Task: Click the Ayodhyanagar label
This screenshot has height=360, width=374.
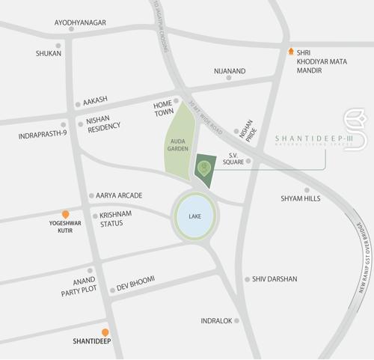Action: (x=80, y=22)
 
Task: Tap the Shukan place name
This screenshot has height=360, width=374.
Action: (x=49, y=54)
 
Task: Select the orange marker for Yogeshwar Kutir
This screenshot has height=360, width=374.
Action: (x=66, y=214)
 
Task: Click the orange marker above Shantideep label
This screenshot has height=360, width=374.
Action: (x=105, y=332)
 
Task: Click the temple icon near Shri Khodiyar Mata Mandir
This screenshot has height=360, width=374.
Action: (x=291, y=52)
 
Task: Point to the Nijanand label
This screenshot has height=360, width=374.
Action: (x=230, y=71)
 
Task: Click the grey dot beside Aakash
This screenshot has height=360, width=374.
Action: (x=77, y=105)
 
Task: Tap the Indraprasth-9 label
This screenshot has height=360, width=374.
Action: (x=42, y=136)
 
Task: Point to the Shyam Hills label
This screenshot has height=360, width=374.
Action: (x=300, y=198)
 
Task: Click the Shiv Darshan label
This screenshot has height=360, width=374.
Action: (x=275, y=279)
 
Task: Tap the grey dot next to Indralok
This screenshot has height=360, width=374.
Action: (x=237, y=320)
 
